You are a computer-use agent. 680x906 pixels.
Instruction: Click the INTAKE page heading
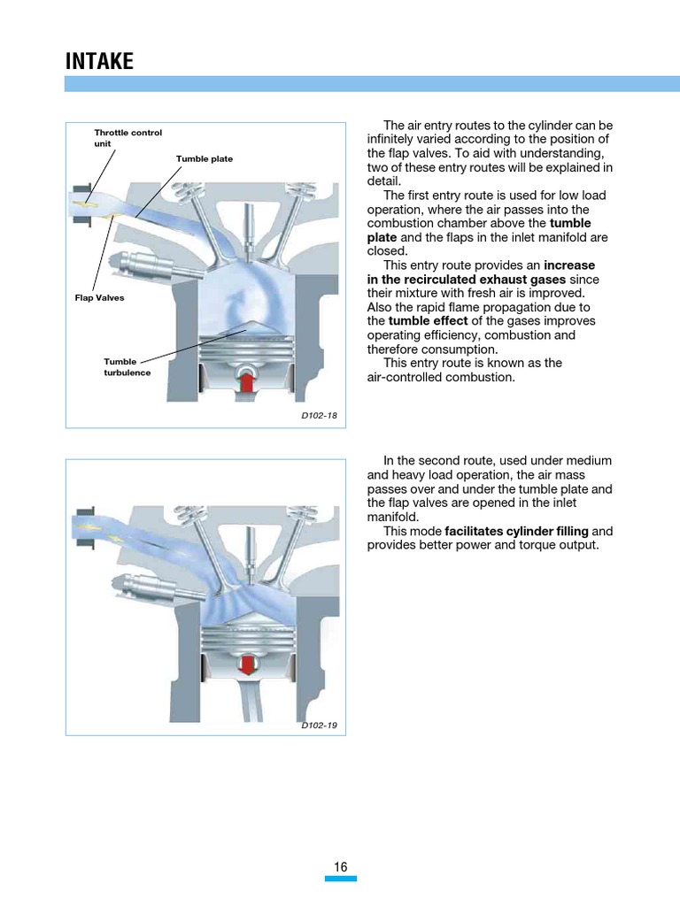[x=100, y=61]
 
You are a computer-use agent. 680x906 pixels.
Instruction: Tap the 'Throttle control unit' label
[x=127, y=137]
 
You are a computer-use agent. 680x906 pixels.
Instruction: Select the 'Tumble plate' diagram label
[x=204, y=159]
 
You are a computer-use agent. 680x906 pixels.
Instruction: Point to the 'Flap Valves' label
[x=99, y=298]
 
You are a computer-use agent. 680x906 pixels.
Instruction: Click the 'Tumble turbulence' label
[x=127, y=367]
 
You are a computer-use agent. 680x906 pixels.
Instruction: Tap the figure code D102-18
[x=319, y=414]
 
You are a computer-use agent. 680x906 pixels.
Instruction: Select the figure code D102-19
[x=319, y=726]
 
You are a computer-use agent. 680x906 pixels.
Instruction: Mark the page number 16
[x=341, y=867]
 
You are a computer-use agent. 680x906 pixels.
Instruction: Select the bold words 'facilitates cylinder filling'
[x=516, y=531]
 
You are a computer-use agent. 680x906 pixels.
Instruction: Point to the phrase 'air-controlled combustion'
[x=440, y=378]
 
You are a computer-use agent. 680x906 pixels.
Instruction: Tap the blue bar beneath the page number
[x=341, y=879]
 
